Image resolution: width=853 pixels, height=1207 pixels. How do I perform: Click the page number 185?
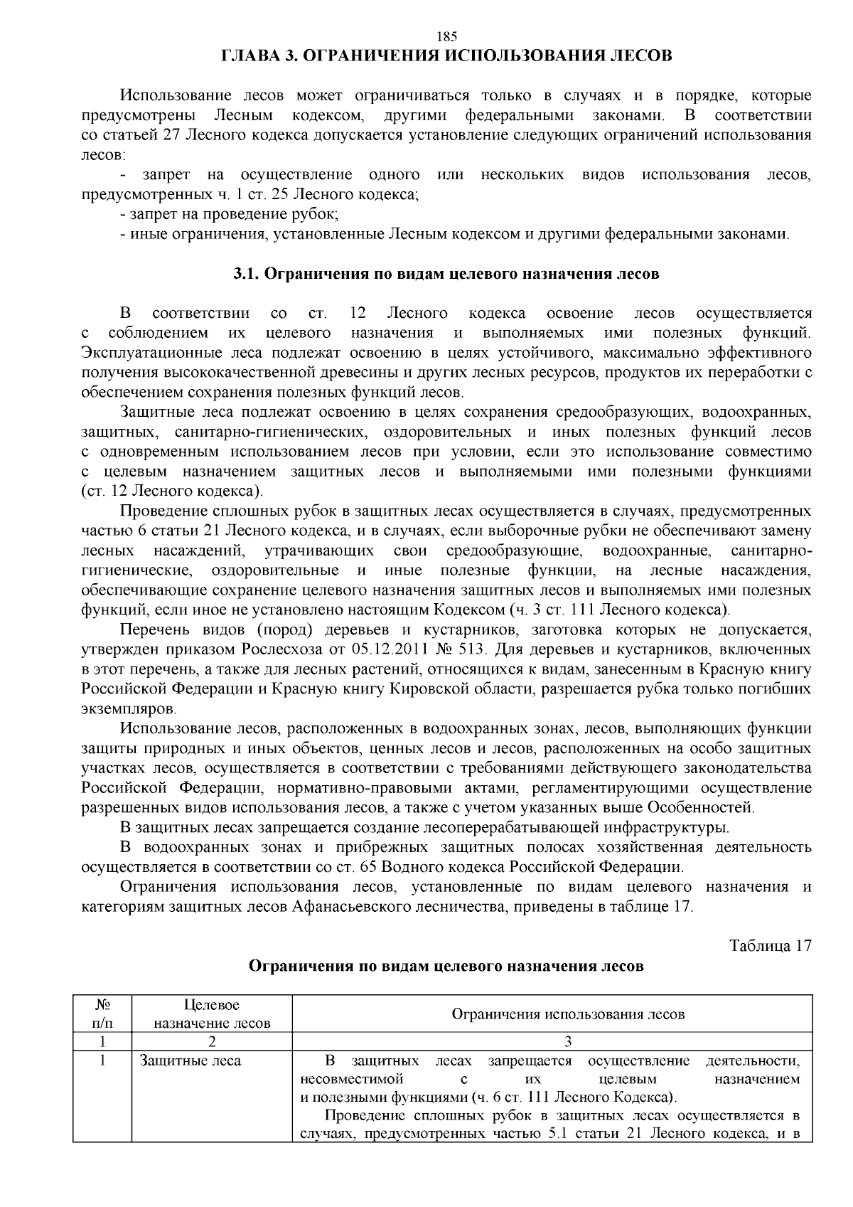446,37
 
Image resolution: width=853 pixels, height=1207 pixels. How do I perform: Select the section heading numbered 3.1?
446,274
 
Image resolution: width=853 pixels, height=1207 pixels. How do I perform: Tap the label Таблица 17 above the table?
771,946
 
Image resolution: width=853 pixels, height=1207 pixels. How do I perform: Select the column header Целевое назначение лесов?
212,1014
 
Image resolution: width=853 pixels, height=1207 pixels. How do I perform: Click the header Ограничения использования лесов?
567,1014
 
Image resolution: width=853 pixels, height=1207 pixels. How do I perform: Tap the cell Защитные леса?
191,1061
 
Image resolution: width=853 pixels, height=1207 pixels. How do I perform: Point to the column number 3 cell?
567,1042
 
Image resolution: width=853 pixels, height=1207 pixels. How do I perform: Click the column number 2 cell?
212,1042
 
